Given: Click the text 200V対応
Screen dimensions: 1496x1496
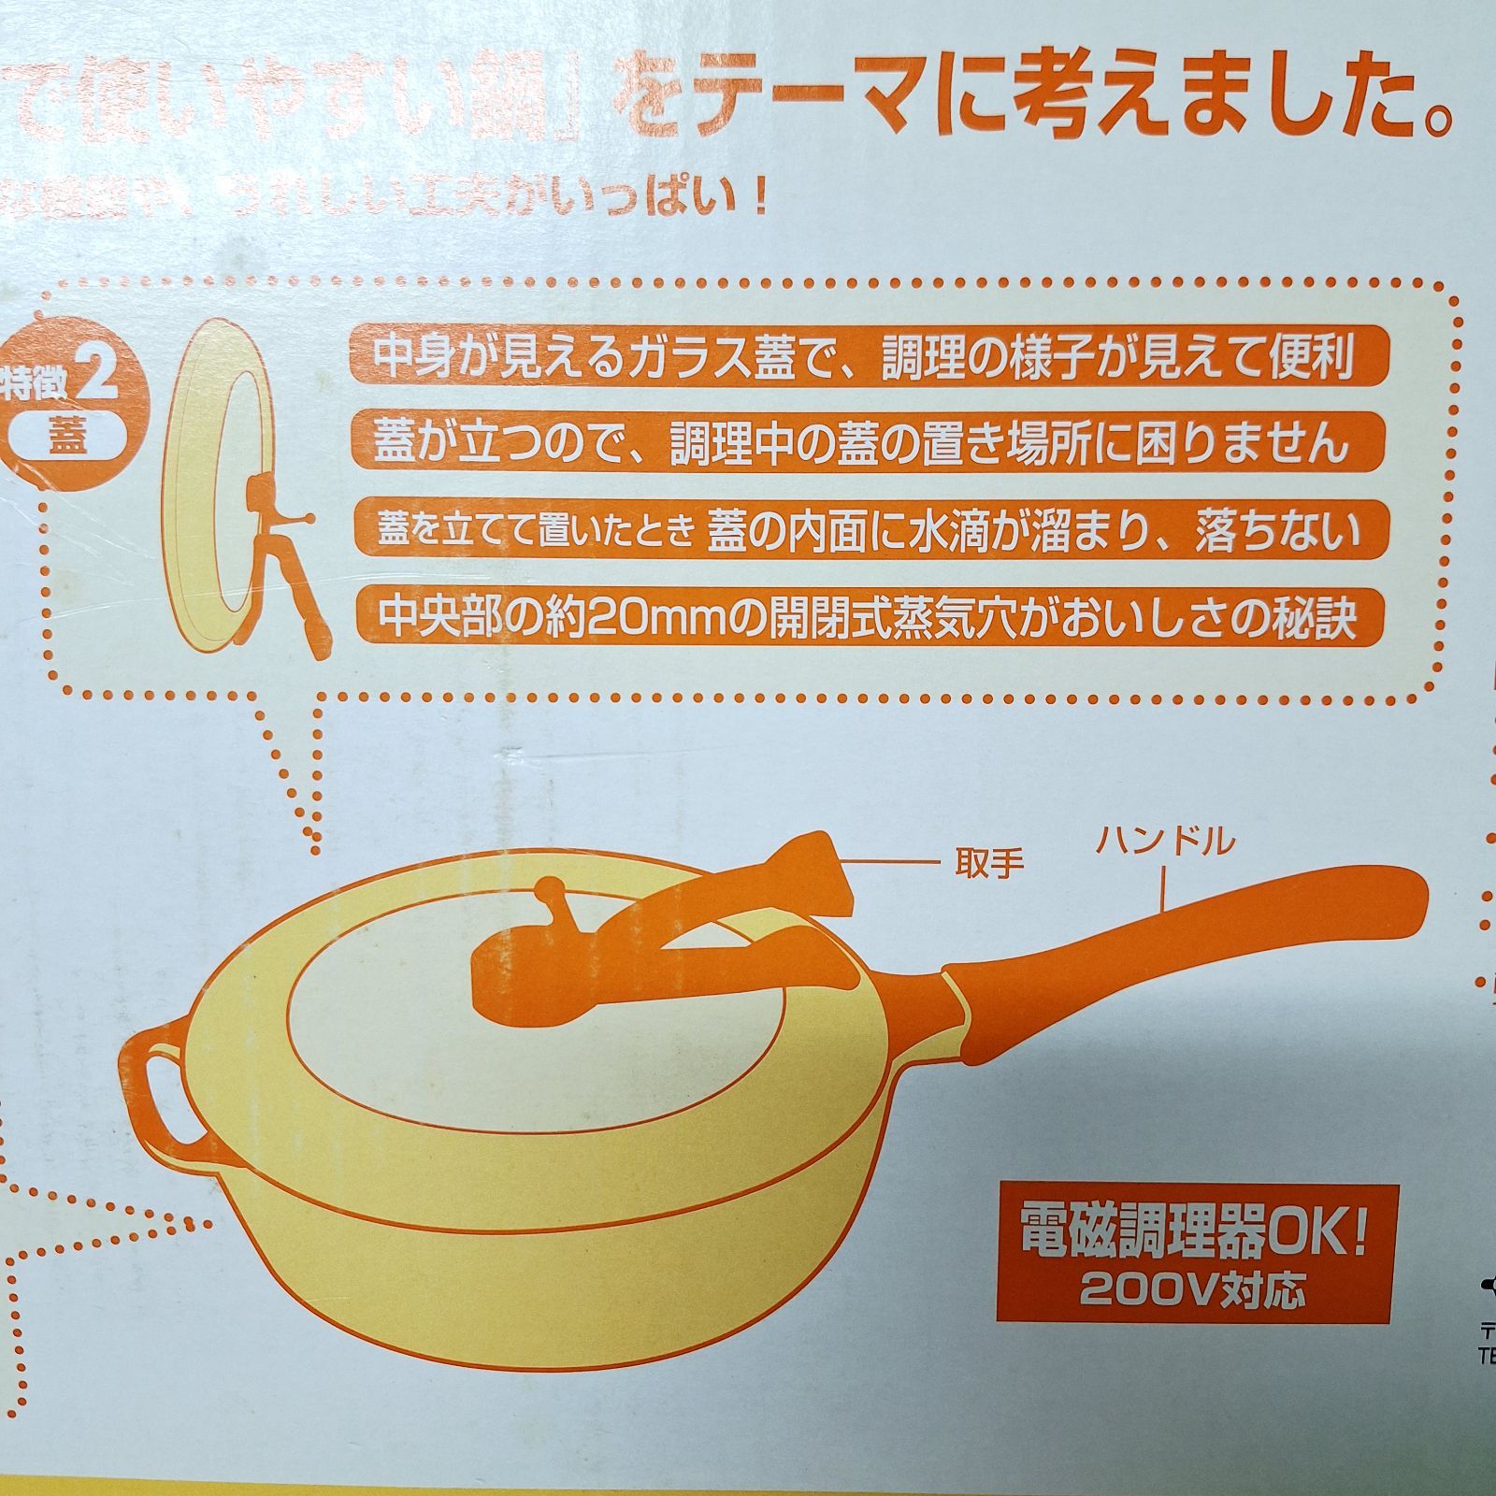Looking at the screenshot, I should [x=1192, y=1291].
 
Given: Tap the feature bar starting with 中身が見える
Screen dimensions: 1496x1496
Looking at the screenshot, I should [x=867, y=353].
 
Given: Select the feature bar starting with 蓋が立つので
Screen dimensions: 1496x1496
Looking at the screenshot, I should [x=867, y=440].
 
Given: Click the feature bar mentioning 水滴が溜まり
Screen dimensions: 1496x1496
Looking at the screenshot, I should [x=867, y=529].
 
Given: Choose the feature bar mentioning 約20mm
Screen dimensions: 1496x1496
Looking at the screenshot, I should [x=867, y=615].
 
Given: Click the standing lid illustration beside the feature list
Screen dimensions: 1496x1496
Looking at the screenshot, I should [x=234, y=486].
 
